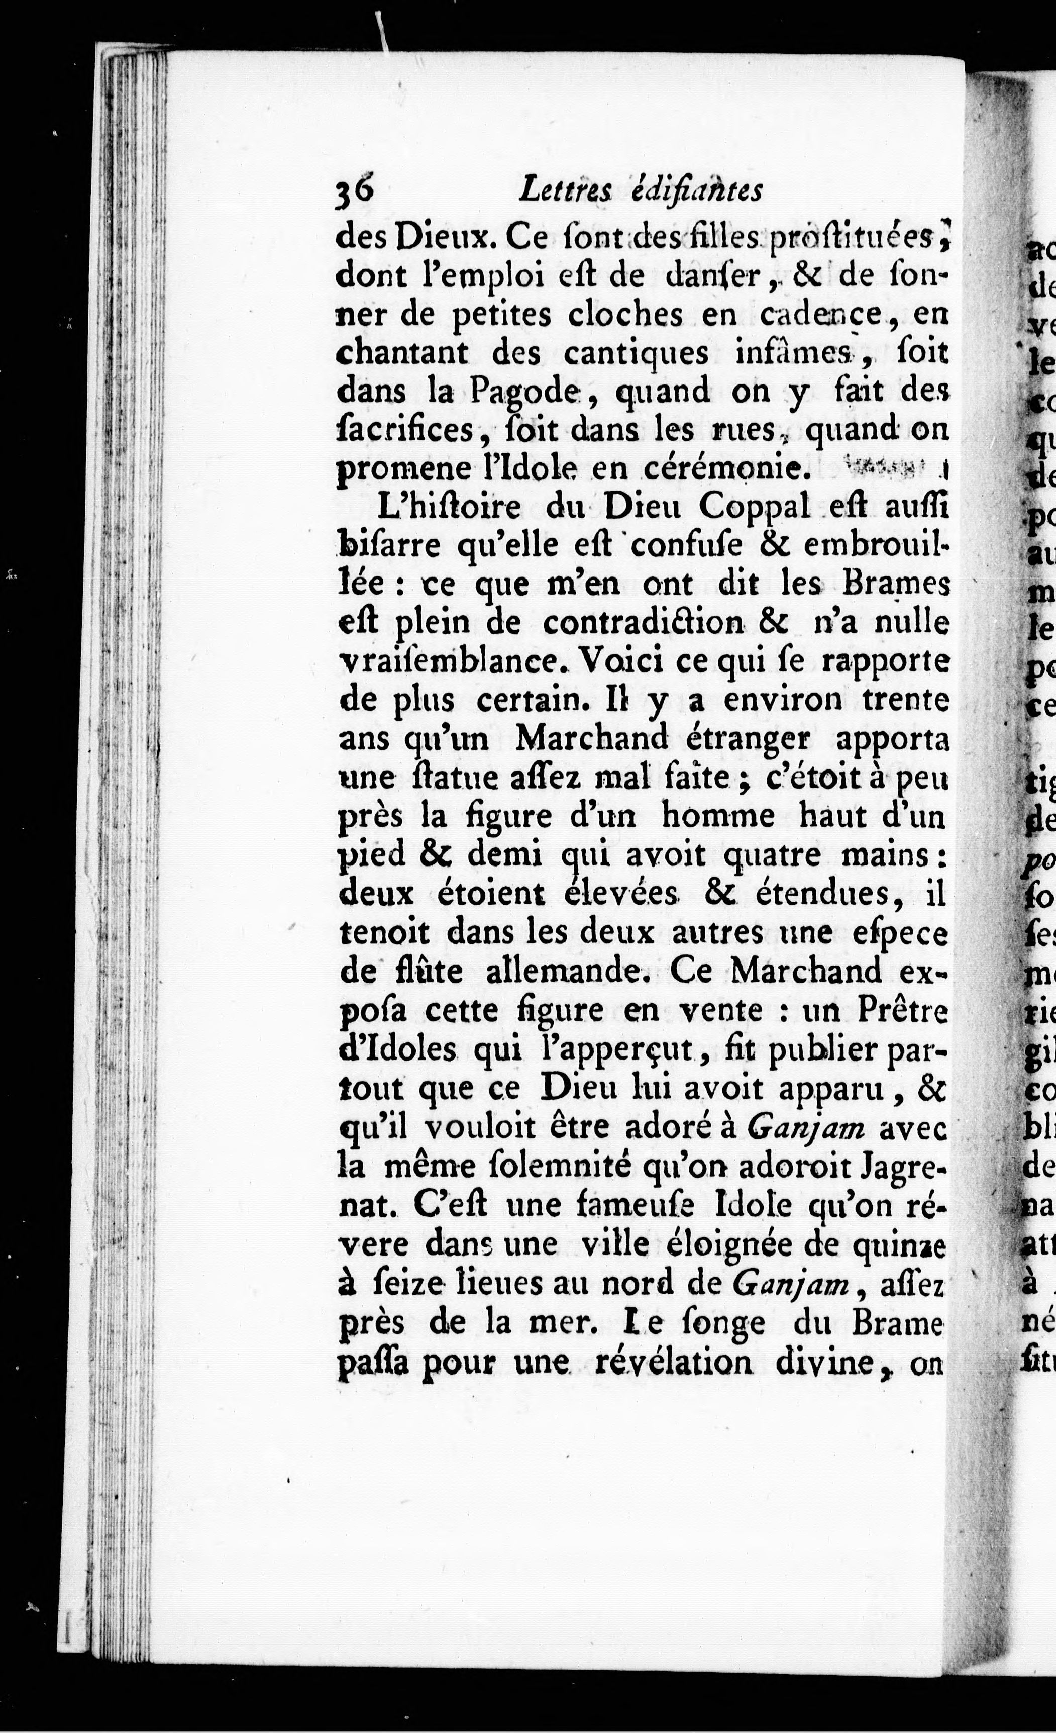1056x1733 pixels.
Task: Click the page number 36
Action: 357,190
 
